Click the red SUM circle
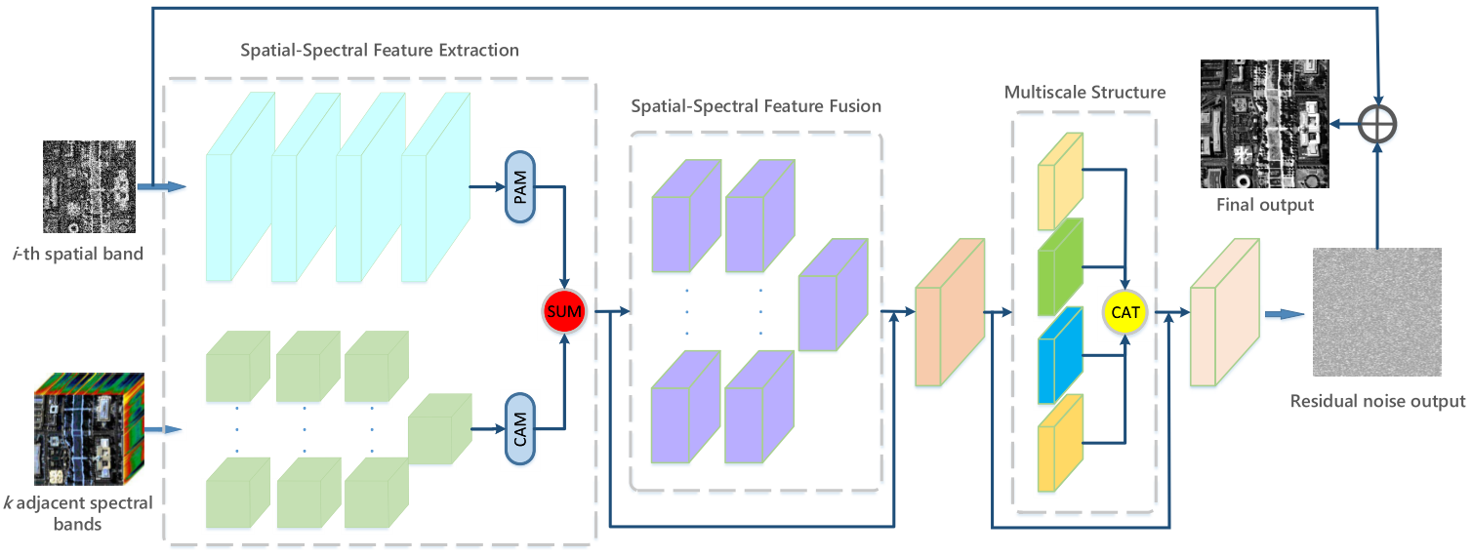[564, 312]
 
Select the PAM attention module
[520, 186]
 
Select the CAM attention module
[520, 427]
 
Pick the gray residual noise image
[1376, 312]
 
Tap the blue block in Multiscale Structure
[1059, 355]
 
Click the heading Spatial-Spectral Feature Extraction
[380, 49]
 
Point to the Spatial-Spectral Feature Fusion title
[756, 105]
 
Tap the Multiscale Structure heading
[1084, 93]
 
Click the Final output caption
[1264, 205]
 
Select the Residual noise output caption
[1377, 401]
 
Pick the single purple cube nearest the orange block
[832, 296]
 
